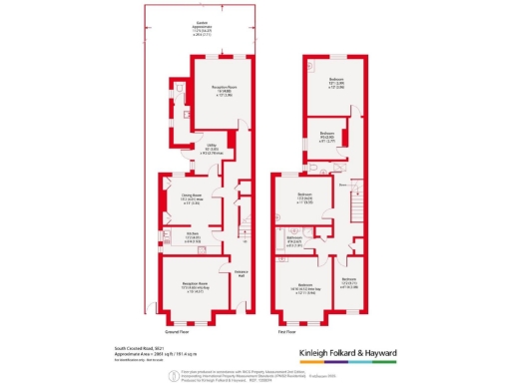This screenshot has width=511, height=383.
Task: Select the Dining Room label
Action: (178, 197)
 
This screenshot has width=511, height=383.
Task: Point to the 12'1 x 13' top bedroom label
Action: (337, 83)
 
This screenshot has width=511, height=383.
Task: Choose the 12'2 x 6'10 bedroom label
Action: (348, 282)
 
